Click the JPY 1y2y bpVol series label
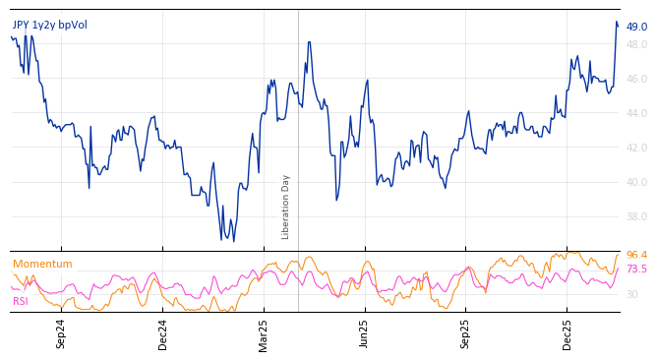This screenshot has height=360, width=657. point(49,25)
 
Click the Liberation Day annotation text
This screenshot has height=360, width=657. point(286,207)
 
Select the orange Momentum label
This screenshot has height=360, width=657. point(42,265)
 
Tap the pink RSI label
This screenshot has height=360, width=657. point(21,301)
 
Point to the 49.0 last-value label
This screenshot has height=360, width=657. point(636,27)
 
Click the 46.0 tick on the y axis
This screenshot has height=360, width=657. point(636,79)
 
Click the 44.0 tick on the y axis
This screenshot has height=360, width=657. point(636,113)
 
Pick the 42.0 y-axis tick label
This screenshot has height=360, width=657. point(636,148)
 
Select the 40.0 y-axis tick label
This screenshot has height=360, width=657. point(636,182)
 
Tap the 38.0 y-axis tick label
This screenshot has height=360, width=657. point(636,216)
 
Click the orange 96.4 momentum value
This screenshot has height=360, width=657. point(636,255)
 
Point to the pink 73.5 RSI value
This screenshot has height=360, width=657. point(636,269)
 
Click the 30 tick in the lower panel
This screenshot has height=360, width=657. point(631,294)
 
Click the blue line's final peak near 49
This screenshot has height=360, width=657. point(617,22)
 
